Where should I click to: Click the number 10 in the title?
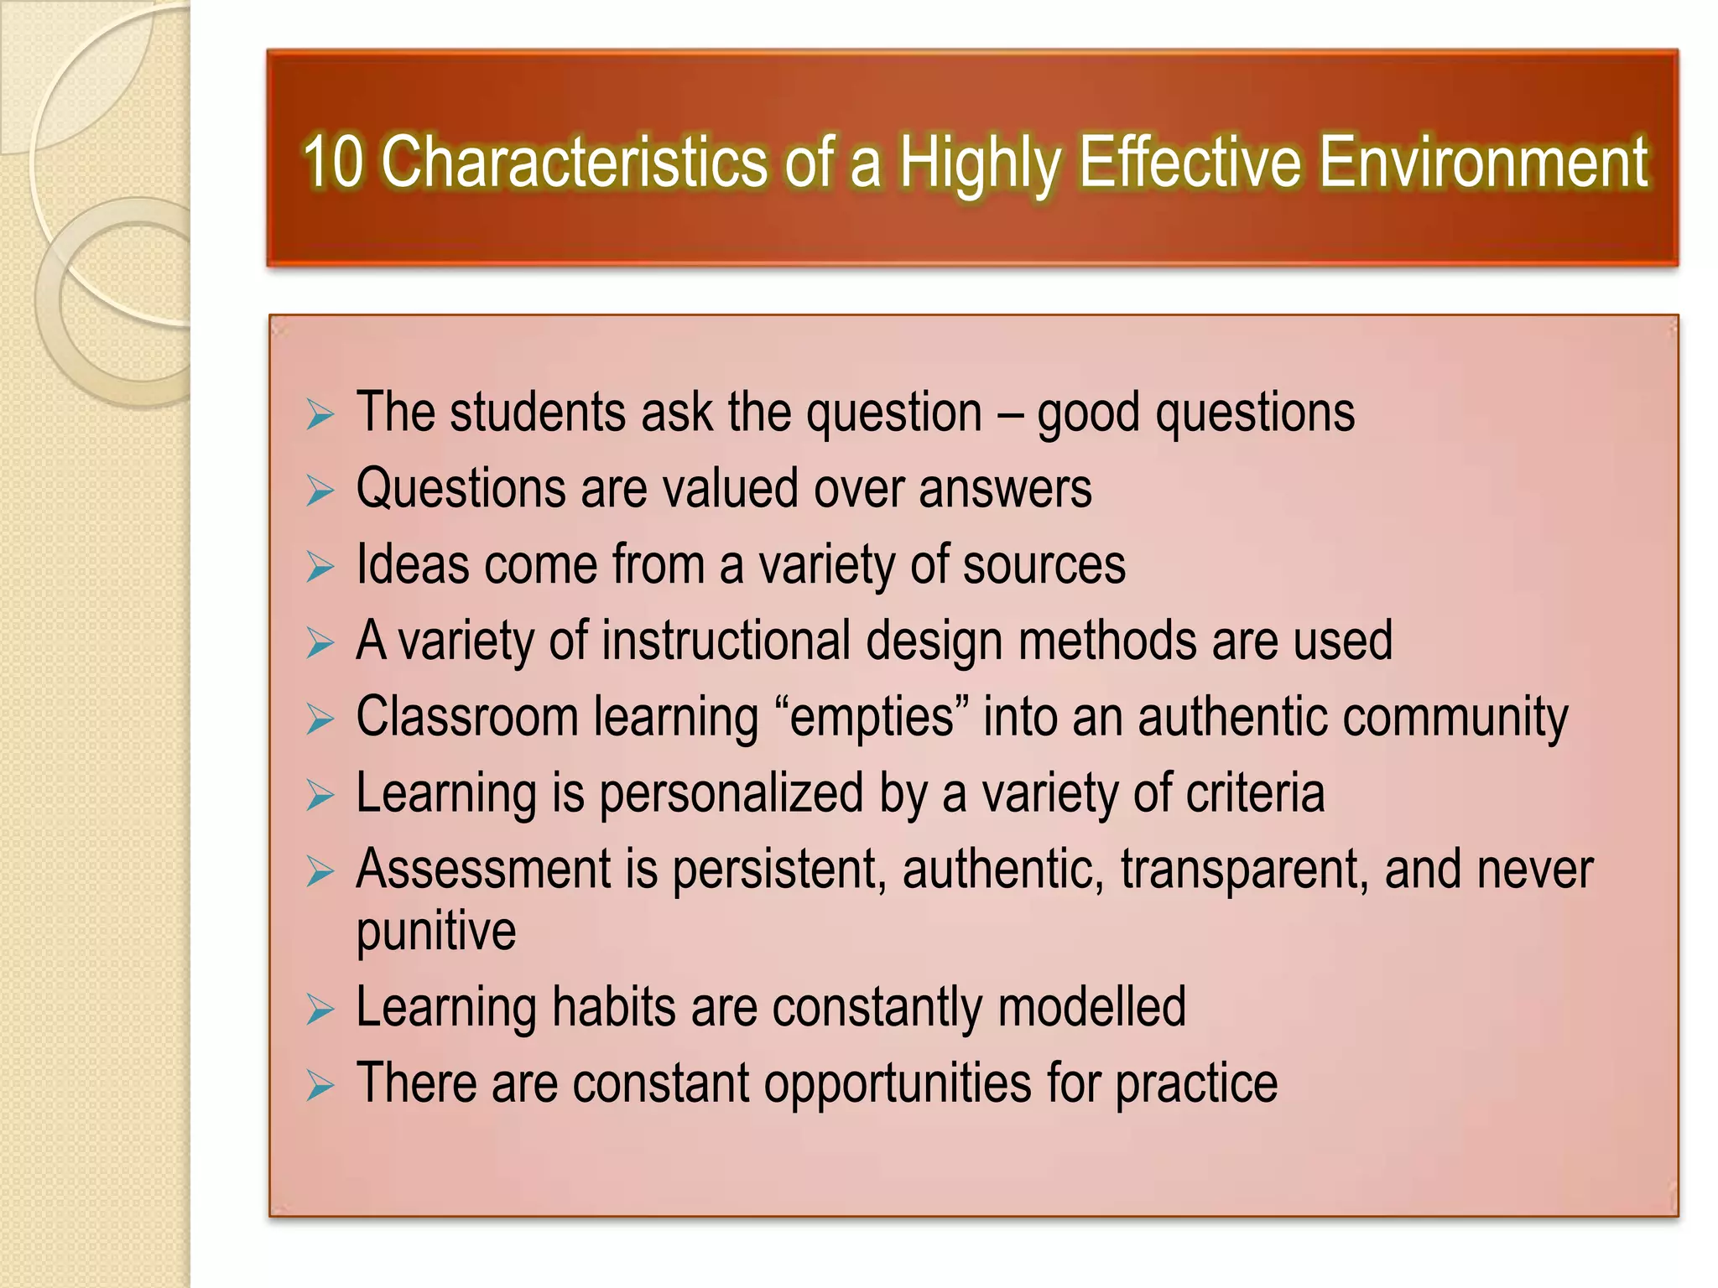pyautogui.click(x=333, y=161)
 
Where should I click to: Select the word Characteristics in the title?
pyautogui.click(x=574, y=161)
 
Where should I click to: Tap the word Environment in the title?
pyautogui.click(x=1483, y=161)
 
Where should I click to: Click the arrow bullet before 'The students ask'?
pyautogui.click(x=320, y=415)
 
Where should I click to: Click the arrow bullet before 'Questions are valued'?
pyautogui.click(x=320, y=491)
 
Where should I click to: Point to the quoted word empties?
pyautogui.click(x=872, y=718)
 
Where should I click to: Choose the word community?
pyautogui.click(x=1455, y=718)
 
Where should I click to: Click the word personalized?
pyautogui.click(x=731, y=794)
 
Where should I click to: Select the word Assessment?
pyautogui.click(x=483, y=870)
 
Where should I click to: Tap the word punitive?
pyautogui.click(x=435, y=932)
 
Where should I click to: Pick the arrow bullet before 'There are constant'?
pyautogui.click(x=320, y=1086)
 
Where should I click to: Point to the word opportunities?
pyautogui.click(x=897, y=1084)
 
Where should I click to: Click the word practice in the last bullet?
pyautogui.click(x=1195, y=1084)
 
